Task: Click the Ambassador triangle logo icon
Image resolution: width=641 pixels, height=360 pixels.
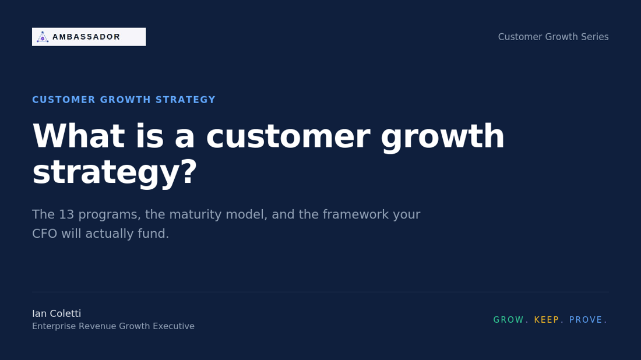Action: (x=43, y=37)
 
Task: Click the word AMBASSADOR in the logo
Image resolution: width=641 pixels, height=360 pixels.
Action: (x=86, y=37)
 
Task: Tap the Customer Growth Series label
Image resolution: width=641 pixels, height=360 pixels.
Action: (x=553, y=37)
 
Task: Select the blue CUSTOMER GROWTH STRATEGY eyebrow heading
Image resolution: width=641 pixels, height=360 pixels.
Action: (x=124, y=100)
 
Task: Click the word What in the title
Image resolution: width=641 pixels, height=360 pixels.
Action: (x=78, y=136)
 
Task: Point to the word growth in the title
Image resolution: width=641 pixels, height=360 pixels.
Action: (x=442, y=136)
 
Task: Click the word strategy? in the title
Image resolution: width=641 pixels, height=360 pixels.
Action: (x=114, y=172)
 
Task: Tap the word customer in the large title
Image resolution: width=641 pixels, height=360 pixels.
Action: (x=288, y=136)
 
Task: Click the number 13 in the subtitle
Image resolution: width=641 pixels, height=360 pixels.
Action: (x=66, y=214)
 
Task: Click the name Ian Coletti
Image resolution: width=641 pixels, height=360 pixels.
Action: (x=57, y=313)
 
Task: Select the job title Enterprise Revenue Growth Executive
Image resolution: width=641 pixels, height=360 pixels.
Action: (x=113, y=326)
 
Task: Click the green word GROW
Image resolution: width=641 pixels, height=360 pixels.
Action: (x=509, y=320)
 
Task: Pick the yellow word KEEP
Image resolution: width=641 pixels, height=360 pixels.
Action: (x=547, y=320)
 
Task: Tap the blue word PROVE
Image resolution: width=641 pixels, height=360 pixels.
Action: (x=586, y=320)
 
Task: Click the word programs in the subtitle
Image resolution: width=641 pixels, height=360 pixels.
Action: (x=109, y=214)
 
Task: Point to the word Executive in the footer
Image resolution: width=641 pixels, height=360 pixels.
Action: (x=173, y=326)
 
